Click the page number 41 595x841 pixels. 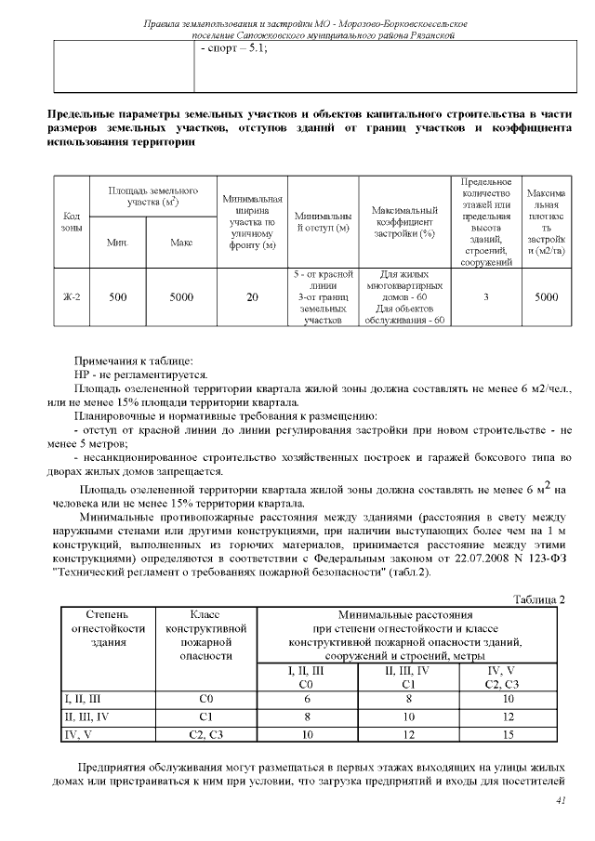coord(560,800)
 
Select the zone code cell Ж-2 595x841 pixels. coord(71,297)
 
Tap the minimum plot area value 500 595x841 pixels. coord(117,297)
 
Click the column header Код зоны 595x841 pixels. coord(71,222)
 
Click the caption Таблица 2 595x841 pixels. coord(539,599)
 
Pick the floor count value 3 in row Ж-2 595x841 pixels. coord(486,297)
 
